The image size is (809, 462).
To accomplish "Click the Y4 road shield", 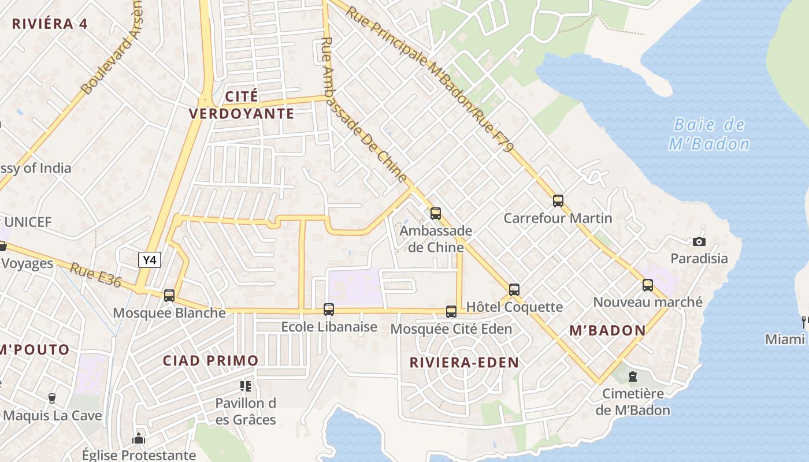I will pyautogui.click(x=150, y=260).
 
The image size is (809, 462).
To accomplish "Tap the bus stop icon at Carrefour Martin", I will pyautogui.click(x=558, y=201).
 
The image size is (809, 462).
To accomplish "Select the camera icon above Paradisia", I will pyautogui.click(x=699, y=241).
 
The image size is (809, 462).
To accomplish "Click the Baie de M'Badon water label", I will pyautogui.click(x=710, y=134).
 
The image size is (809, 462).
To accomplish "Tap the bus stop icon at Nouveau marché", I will pyautogui.click(x=648, y=285).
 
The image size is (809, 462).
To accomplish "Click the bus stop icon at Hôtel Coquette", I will pyautogui.click(x=514, y=289).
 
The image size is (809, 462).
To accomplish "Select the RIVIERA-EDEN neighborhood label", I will pyautogui.click(x=464, y=363).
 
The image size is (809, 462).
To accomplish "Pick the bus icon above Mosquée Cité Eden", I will pyautogui.click(x=451, y=312).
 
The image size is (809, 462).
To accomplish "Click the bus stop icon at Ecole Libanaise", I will pyautogui.click(x=329, y=310).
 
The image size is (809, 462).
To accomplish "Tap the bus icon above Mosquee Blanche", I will pyautogui.click(x=169, y=295).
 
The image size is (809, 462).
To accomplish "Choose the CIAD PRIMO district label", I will pyautogui.click(x=210, y=361).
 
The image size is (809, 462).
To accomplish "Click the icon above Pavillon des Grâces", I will pyautogui.click(x=246, y=386).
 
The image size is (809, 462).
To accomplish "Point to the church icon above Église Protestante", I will pyautogui.click(x=139, y=438).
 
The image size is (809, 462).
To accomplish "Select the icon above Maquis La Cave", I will pyautogui.click(x=52, y=398).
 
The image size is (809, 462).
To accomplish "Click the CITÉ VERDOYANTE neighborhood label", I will pyautogui.click(x=242, y=105).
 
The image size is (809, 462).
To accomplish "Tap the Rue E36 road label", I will pyautogui.click(x=96, y=275).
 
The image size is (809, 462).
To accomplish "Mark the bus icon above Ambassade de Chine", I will pyautogui.click(x=436, y=214).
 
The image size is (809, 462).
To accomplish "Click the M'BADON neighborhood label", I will pyautogui.click(x=607, y=330).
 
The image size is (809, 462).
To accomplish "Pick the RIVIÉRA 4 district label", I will pyautogui.click(x=50, y=24).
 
